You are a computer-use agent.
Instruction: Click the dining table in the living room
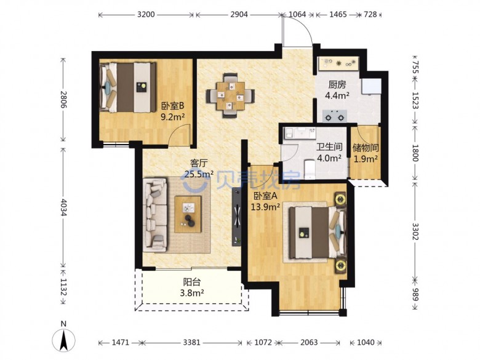click(231, 95)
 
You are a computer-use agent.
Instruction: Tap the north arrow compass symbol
click(63, 340)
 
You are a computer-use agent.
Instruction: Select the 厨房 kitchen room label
click(337, 84)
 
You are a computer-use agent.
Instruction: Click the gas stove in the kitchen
click(334, 116)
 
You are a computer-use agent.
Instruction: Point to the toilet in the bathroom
click(310, 169)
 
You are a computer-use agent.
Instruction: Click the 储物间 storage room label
click(366, 148)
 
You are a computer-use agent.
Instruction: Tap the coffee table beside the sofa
click(188, 214)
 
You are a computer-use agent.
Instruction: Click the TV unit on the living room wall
click(237, 216)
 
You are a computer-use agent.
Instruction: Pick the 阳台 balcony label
click(192, 282)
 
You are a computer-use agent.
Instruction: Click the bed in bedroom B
click(128, 87)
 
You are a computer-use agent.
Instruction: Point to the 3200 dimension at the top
click(146, 14)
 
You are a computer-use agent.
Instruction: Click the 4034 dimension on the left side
click(63, 207)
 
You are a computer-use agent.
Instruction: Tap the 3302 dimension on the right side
click(415, 232)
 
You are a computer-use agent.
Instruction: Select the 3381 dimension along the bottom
click(191, 342)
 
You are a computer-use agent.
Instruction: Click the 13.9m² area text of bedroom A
click(265, 207)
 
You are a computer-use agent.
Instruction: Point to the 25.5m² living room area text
click(199, 174)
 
